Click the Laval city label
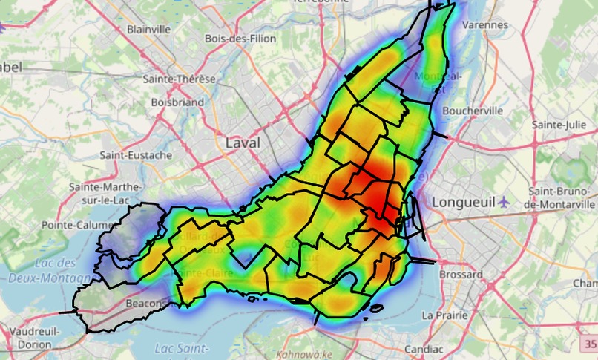coord(243,143)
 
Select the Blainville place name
coord(148,29)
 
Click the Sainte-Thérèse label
coord(180,79)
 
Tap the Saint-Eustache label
coord(136,156)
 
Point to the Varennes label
coord(485,24)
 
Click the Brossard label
coord(460,275)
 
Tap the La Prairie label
coord(445,315)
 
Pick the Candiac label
coord(424,348)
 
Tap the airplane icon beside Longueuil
coord(505,201)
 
